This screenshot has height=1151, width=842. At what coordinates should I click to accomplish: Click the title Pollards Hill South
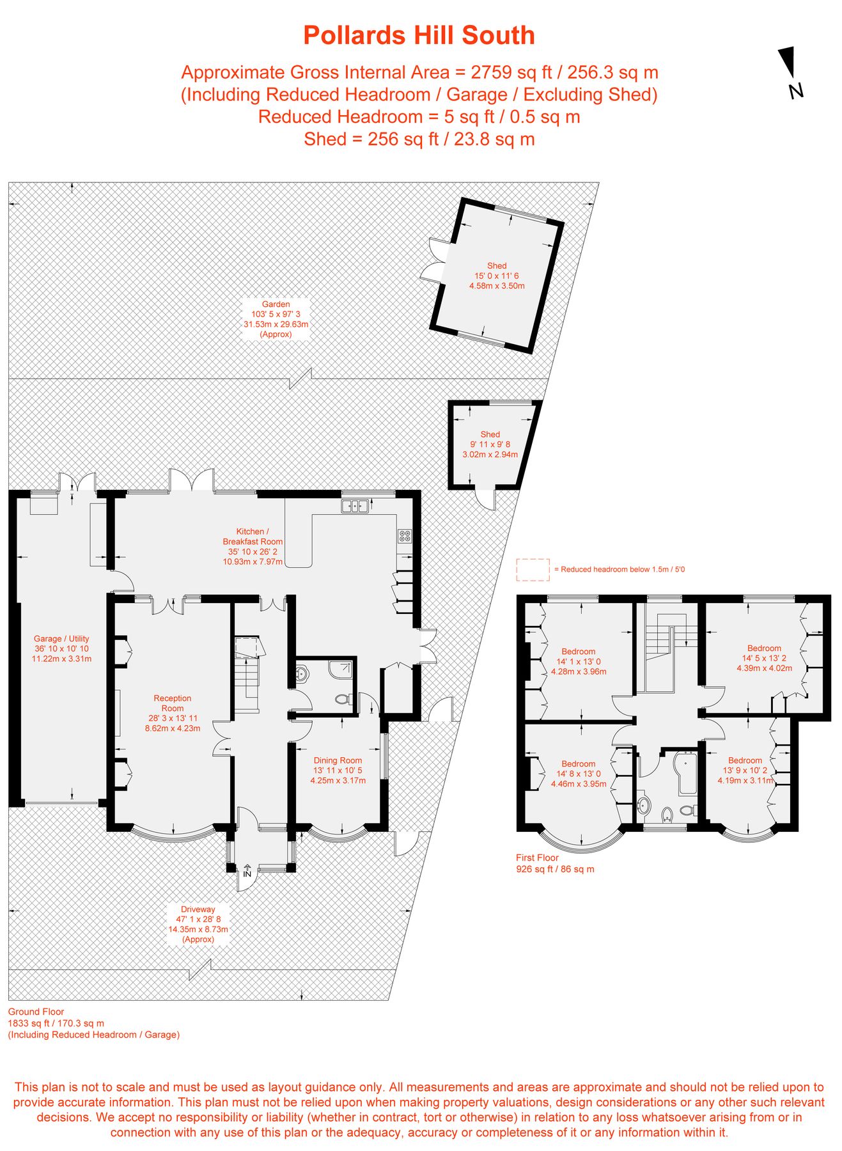(x=419, y=35)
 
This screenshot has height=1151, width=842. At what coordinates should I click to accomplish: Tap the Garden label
(x=276, y=319)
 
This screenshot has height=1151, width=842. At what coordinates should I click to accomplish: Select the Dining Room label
(x=338, y=770)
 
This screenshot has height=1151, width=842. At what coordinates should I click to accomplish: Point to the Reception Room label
(x=173, y=713)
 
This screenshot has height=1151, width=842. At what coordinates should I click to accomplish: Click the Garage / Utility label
(x=61, y=648)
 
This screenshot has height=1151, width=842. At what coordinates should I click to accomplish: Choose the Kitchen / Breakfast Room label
(x=253, y=546)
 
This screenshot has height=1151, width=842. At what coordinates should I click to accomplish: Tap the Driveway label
(x=198, y=924)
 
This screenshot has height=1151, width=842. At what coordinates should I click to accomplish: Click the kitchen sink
(x=355, y=506)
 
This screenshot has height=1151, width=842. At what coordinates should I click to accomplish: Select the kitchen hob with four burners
(x=405, y=536)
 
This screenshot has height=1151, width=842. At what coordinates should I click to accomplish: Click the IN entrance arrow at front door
(x=247, y=870)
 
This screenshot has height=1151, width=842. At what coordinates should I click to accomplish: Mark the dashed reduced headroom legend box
(x=533, y=569)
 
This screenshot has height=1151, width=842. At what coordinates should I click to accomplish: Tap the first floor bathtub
(x=687, y=774)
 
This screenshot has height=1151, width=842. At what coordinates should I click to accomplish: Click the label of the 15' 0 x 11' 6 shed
(x=497, y=276)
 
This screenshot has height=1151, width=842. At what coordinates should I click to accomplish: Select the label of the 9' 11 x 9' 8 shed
(x=490, y=444)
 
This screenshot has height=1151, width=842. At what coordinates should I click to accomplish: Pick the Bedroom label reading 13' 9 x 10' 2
(x=745, y=770)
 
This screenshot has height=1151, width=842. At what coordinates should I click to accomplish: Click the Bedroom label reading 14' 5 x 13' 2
(x=764, y=658)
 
